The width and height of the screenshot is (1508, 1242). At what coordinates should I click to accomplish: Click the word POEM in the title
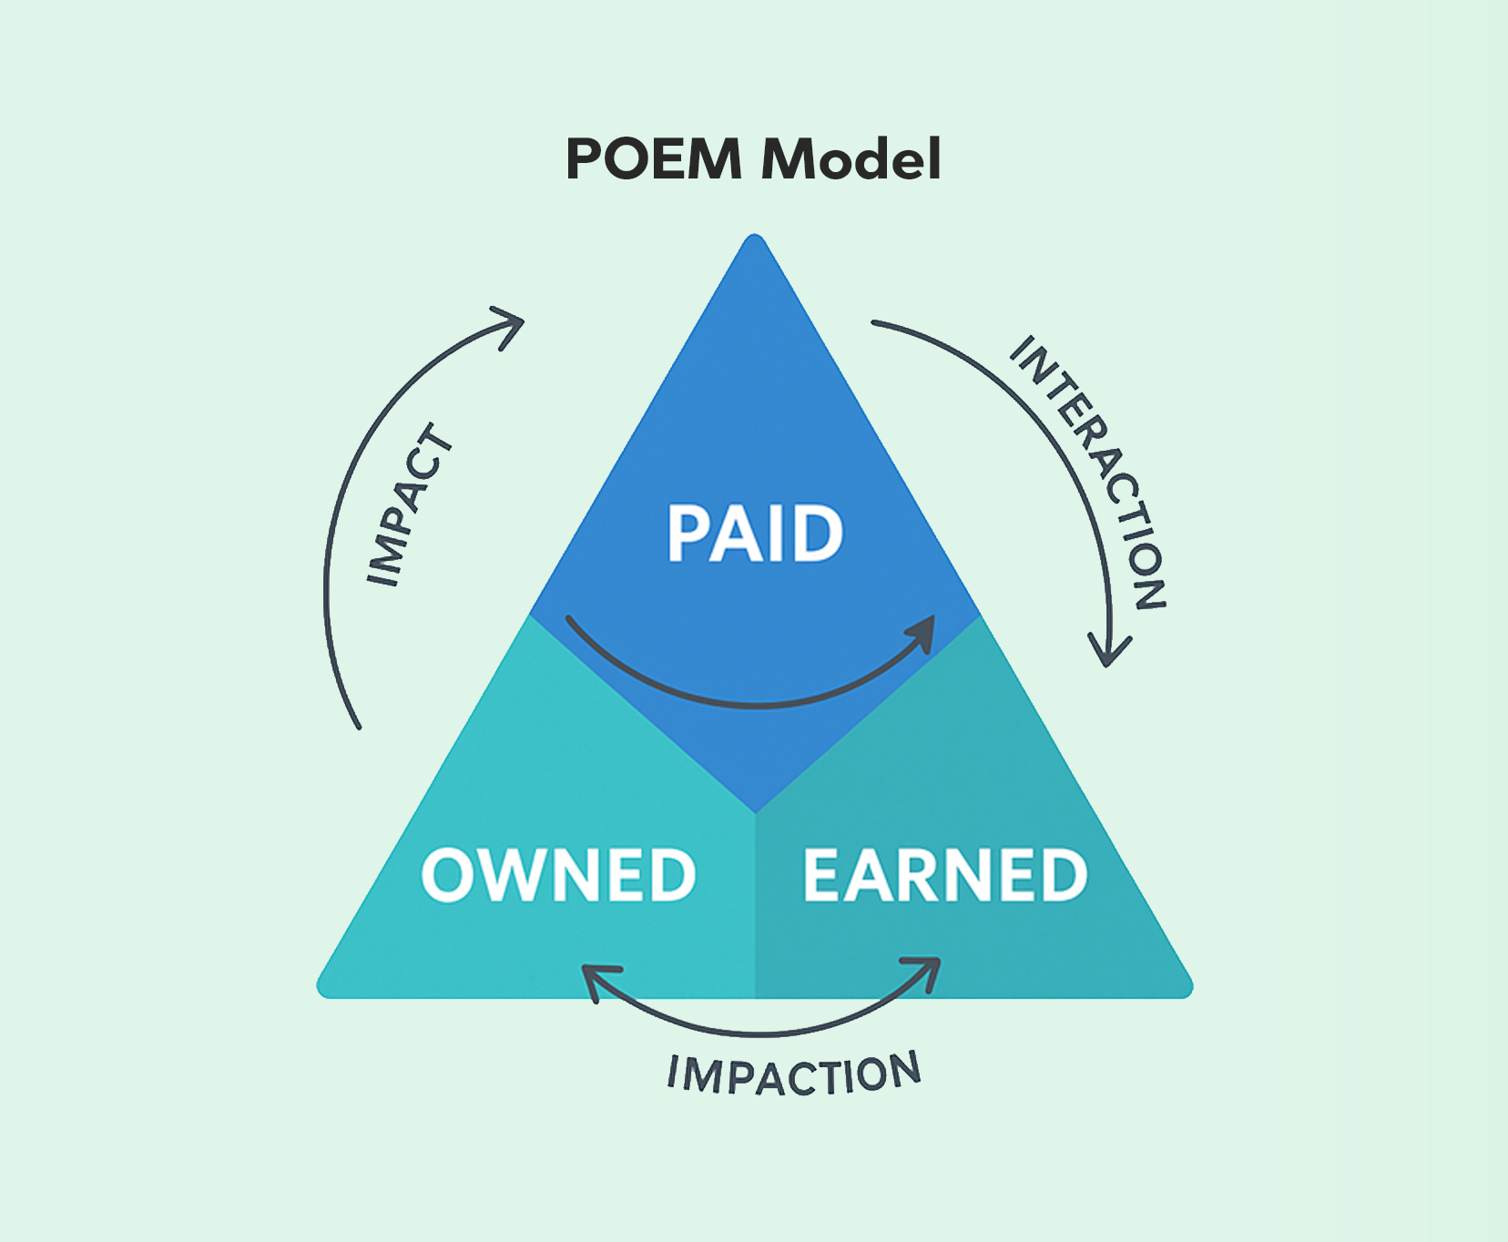click(653, 159)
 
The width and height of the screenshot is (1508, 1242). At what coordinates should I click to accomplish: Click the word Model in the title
click(851, 159)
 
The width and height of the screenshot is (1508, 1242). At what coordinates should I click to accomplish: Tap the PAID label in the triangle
click(755, 534)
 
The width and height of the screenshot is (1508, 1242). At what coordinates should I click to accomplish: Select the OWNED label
click(558, 875)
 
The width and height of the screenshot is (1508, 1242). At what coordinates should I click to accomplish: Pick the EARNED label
click(944, 875)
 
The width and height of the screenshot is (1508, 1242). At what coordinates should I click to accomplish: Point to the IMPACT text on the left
click(409, 505)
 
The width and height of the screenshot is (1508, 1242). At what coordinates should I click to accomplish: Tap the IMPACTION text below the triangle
click(794, 1074)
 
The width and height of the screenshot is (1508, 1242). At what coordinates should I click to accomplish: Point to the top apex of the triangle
click(754, 239)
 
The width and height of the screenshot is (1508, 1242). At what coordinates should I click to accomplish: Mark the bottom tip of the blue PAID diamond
click(755, 809)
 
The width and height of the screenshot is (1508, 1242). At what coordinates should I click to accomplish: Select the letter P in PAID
click(688, 534)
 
